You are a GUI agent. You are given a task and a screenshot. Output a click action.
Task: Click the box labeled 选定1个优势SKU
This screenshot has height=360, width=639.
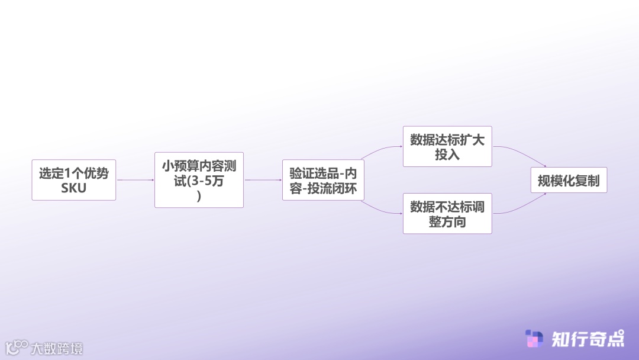pos(74,180)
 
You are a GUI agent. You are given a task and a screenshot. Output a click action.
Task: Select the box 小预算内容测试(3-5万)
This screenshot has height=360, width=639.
pos(199,180)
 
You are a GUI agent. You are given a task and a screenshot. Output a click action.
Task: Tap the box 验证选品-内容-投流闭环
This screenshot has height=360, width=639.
pos(323,180)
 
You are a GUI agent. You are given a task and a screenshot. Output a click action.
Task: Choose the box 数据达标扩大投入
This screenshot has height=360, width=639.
pos(447,146)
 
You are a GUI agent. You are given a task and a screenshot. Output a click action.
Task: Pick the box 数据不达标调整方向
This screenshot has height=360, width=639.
pos(447,213)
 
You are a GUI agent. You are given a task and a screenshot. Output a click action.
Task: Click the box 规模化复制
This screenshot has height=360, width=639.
pos(569,180)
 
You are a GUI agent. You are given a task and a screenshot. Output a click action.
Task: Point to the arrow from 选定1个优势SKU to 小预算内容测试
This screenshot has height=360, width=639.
pos(135,180)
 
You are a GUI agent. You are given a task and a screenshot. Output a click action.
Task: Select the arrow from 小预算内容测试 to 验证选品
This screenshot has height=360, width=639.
pos(263,180)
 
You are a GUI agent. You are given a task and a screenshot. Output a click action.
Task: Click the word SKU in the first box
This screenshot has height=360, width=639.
pos(74,188)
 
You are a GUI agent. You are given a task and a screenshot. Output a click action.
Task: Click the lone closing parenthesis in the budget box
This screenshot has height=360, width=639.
pos(199,197)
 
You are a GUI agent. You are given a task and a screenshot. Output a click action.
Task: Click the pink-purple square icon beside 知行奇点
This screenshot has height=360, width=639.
pos(534,339)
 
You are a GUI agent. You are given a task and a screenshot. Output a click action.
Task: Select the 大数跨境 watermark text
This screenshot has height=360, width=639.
pos(57,348)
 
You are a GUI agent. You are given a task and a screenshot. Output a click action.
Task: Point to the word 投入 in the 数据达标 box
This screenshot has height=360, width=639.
pos(447,155)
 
